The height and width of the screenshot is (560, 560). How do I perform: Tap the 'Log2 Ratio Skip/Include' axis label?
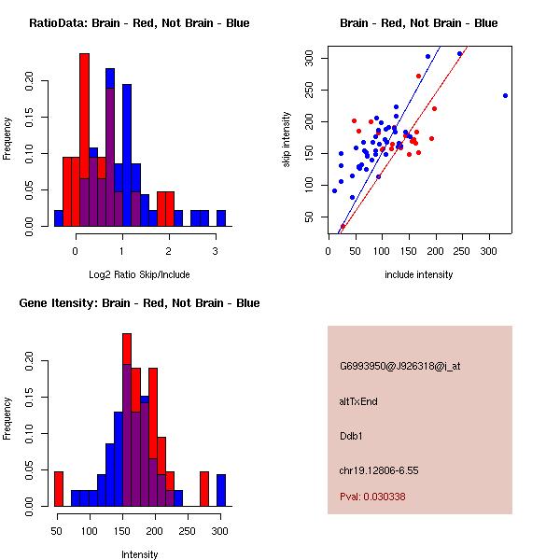tap(139, 274)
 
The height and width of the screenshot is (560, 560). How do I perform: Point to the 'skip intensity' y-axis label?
tap(287, 140)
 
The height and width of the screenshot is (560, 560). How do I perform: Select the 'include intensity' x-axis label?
tap(419, 274)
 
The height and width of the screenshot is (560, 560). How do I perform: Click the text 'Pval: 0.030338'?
tap(372, 497)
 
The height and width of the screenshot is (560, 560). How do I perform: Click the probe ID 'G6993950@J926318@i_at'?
tap(399, 366)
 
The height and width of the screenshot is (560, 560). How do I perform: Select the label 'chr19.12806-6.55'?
tap(379, 470)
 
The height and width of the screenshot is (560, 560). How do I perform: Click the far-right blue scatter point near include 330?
tap(505, 95)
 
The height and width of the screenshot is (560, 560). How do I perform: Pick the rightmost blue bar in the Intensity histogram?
tap(221, 490)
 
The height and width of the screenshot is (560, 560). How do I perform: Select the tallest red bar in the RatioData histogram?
tap(85, 140)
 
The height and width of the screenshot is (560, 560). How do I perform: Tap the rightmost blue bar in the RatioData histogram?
tap(221, 218)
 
